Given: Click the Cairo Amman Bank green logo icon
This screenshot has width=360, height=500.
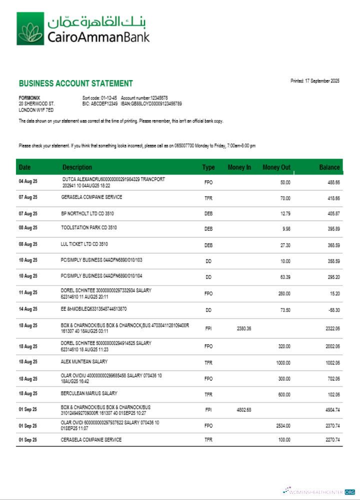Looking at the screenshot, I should coord(30,28).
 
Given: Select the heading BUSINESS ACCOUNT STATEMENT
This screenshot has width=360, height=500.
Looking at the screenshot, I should coord(76,83).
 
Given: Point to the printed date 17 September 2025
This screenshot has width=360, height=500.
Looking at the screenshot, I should coord(315,81).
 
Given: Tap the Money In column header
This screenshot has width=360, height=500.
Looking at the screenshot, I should coord(239,167).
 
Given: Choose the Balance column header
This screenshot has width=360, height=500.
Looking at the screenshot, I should coord(329,167).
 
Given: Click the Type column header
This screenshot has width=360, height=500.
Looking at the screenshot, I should coord(208,167).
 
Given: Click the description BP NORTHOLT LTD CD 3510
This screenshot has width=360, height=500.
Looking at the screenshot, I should coord(87,213).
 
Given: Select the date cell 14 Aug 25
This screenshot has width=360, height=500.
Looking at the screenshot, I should coord(28,310).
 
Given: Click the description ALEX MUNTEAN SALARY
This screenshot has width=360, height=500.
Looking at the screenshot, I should coord(84,361).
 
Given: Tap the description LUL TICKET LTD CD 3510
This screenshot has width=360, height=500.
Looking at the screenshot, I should coord(84,244).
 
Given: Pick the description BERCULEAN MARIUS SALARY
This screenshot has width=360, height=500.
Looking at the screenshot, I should coord(89,393).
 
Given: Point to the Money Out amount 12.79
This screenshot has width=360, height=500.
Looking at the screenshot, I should coord(284,214).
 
